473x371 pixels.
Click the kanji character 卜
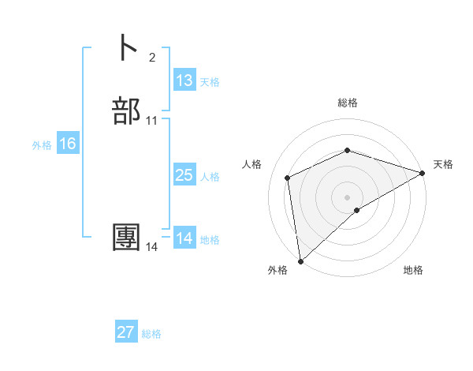coord(126,47)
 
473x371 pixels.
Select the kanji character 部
coord(126,111)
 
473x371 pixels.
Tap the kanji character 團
coord(126,238)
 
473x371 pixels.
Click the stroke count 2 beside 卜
coord(151,57)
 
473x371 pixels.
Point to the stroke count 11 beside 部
coord(152,121)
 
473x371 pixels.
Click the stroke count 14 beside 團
coord(152,247)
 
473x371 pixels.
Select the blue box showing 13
coord(184,81)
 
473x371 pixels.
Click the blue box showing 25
coord(184,175)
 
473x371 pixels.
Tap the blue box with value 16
coord(68,144)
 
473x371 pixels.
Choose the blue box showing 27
coord(126,332)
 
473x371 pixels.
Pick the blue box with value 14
coord(184,238)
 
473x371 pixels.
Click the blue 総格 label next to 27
coord(151,334)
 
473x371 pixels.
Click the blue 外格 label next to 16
coord(42,145)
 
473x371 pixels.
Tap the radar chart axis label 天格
coord(443,164)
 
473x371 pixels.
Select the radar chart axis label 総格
coord(348,103)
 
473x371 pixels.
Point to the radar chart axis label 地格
coord(413,270)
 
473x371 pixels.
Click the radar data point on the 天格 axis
coord(423,173)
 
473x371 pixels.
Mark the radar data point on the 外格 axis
coord(300,261)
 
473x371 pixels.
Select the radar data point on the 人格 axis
coord(288,178)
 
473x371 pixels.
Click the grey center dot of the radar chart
coord(348,197)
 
